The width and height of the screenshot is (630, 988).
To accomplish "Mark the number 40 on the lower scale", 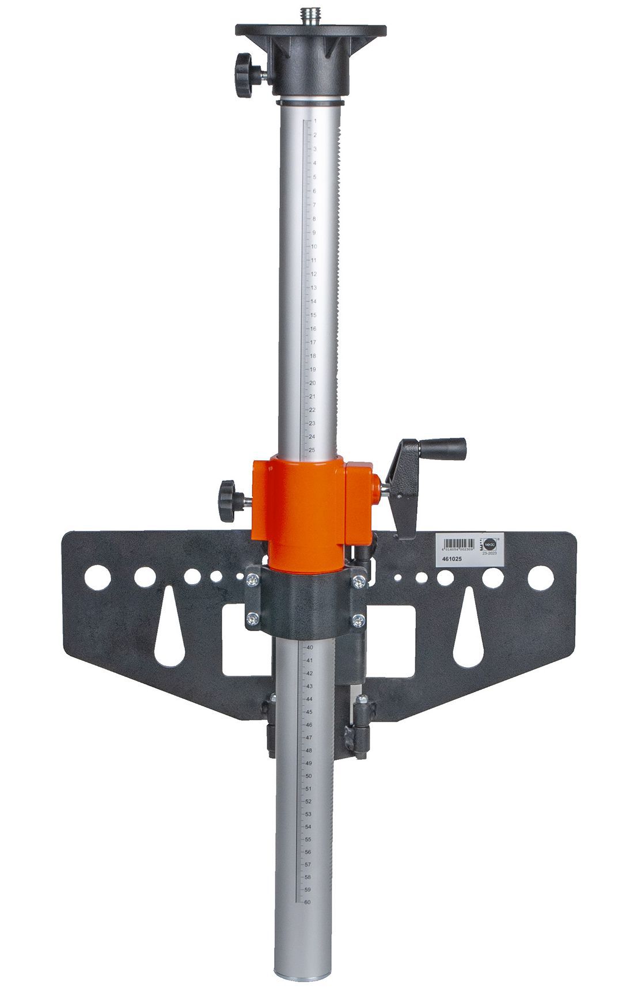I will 309,648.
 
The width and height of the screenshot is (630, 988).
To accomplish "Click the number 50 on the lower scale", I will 309,776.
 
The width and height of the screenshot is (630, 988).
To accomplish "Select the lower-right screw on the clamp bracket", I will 358,620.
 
